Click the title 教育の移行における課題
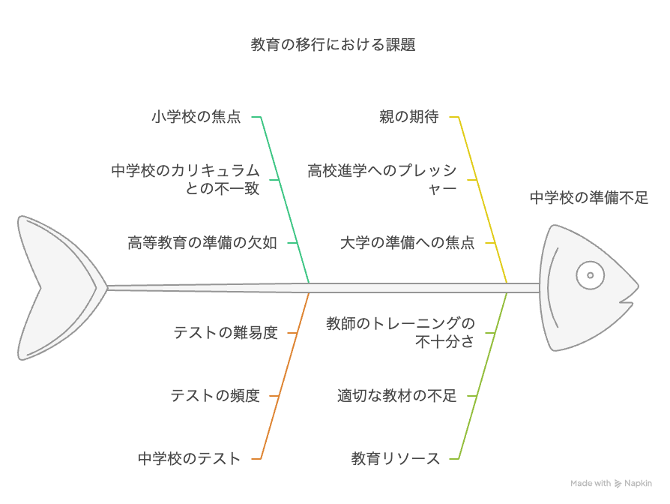point(333,44)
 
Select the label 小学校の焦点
point(196,117)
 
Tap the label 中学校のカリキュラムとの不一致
point(185,179)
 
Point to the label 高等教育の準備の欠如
point(202,243)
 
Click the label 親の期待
point(409,117)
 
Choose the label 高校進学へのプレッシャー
point(382,179)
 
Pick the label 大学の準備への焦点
point(407,243)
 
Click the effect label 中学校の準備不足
point(589,198)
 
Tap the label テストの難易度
point(226,332)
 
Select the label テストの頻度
point(215,396)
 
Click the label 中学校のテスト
point(189,459)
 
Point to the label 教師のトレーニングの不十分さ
point(400,332)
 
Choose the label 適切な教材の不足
point(397,396)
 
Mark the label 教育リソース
point(395,459)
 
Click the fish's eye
point(590,275)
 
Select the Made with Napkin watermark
point(611,484)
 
